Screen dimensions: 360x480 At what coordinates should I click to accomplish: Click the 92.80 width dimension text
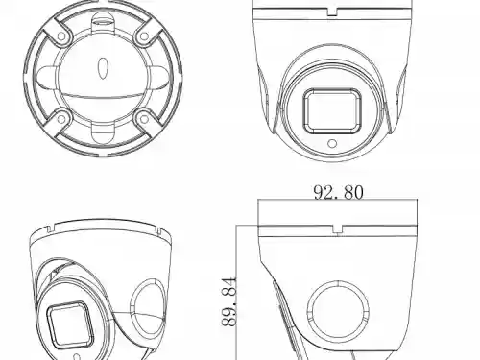337,192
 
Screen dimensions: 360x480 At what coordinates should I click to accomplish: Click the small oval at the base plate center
102,68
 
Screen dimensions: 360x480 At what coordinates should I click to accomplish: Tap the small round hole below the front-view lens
333,145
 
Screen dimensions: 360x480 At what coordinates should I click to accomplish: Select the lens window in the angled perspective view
67,326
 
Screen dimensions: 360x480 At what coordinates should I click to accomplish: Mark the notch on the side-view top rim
338,229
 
